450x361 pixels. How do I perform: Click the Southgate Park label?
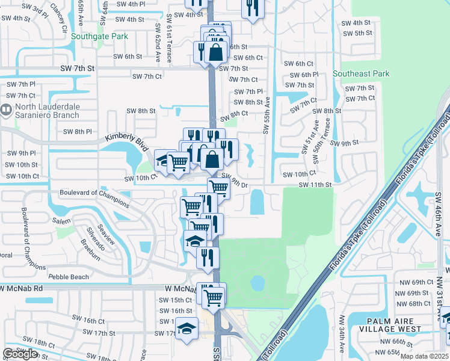pyautogui.click(x=99, y=36)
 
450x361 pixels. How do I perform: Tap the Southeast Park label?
pyautogui.click(x=361, y=74)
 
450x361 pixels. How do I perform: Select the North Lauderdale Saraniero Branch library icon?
pyautogui.click(x=7, y=110)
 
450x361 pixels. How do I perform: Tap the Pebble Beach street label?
pyautogui.click(x=69, y=277)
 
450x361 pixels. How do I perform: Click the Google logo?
pyautogui.click(x=20, y=354)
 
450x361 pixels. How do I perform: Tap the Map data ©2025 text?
pyautogui.click(x=425, y=357)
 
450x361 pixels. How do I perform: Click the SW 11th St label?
pyautogui.click(x=315, y=185)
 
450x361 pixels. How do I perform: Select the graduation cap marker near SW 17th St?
pyautogui.click(x=187, y=329)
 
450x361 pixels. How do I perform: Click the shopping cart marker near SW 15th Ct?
pyautogui.click(x=214, y=296)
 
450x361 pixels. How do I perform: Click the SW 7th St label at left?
pyautogui.click(x=78, y=69)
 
